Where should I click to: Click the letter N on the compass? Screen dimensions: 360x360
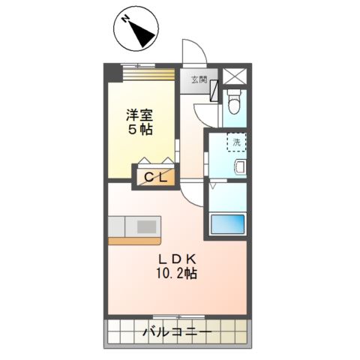[x=125, y=19]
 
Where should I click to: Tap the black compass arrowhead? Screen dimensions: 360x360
[x=142, y=34]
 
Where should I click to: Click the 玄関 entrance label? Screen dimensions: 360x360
[x=199, y=79]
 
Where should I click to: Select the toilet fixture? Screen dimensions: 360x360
[x=235, y=101]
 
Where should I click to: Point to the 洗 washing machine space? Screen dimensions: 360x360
[x=237, y=142]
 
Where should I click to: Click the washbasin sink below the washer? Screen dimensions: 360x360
[x=241, y=166]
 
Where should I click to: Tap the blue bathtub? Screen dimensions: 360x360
[x=227, y=223]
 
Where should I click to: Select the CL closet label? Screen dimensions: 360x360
[x=155, y=178]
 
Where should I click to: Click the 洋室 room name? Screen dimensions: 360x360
[x=139, y=115]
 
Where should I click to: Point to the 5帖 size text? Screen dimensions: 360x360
[x=140, y=130]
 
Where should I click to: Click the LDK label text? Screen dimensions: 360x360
[x=177, y=259]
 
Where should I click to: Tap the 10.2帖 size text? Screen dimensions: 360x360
[x=176, y=273]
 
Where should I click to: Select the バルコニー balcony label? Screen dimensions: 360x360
[x=177, y=332]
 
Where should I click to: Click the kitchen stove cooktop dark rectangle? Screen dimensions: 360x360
[x=147, y=227]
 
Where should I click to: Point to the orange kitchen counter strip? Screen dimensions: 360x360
[x=134, y=241]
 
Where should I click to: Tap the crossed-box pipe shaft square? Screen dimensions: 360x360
[x=235, y=76]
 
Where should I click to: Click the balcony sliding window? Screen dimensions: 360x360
[x=178, y=316]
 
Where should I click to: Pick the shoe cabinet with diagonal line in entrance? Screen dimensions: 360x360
[x=214, y=91]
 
